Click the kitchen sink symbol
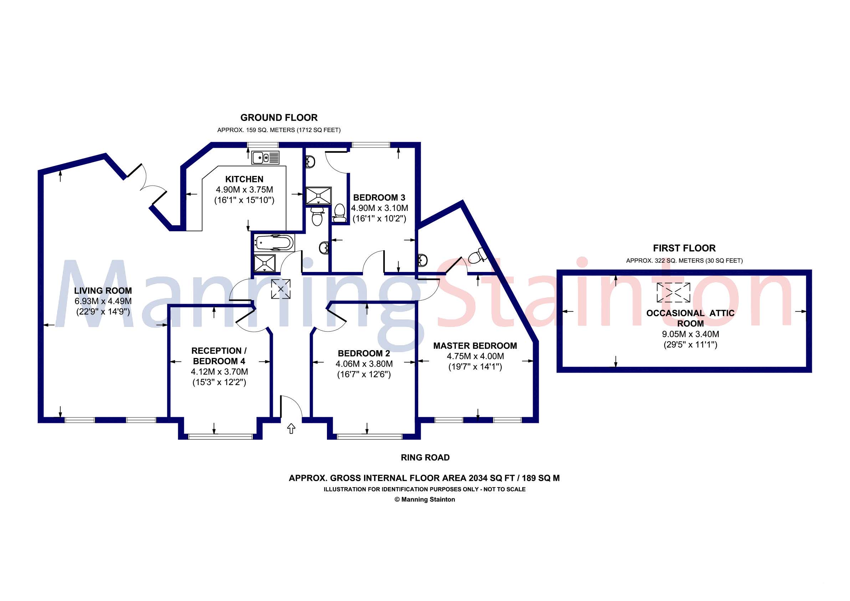click(265, 157)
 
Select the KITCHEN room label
click(244, 180)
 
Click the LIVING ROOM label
click(103, 291)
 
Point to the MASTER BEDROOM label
click(475, 346)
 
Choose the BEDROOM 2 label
click(364, 353)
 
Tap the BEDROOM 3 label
click(379, 197)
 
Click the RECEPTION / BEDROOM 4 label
click(219, 356)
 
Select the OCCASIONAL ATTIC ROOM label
click(690, 318)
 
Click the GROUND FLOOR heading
click(279, 118)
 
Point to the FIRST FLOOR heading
click(684, 248)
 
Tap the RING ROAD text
click(425, 458)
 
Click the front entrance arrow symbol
click(291, 429)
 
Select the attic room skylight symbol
click(674, 292)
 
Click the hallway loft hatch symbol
click(281, 289)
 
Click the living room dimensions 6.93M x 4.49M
click(103, 301)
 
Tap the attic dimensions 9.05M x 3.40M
click(690, 334)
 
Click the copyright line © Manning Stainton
click(425, 500)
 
